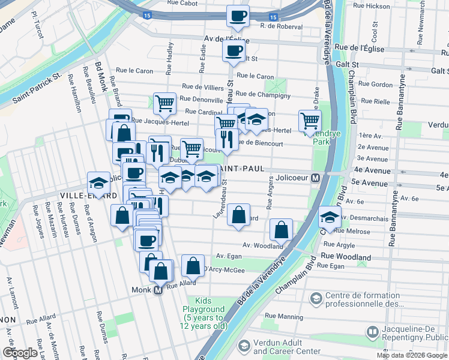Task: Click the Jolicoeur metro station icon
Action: click(315, 178)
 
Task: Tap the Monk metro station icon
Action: click(158, 290)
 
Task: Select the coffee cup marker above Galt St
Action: click(234, 50)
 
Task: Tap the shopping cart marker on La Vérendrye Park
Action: click(310, 120)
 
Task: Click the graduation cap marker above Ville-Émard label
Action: click(99, 182)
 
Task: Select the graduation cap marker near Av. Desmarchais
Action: click(330, 217)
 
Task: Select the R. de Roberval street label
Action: click(281, 26)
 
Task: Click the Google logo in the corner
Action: click(20, 353)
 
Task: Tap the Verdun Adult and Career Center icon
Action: click(244, 346)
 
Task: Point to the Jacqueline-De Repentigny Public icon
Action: click(372, 332)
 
